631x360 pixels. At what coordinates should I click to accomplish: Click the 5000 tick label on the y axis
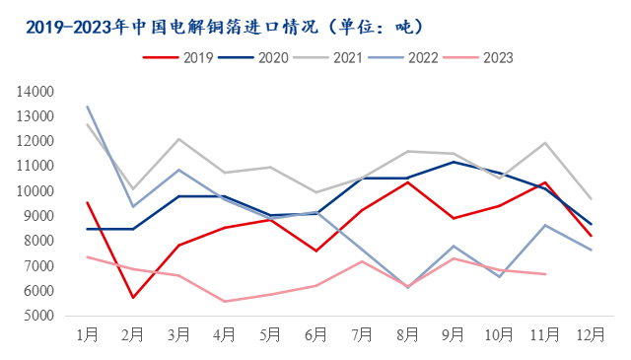tap(36, 317)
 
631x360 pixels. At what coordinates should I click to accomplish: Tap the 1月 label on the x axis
tap(88, 336)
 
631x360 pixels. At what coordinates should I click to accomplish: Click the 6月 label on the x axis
tap(315, 336)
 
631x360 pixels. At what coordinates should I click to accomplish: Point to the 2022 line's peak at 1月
tap(88, 107)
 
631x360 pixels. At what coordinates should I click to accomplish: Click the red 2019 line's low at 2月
tap(133, 297)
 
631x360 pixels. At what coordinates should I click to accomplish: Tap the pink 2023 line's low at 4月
tap(224, 301)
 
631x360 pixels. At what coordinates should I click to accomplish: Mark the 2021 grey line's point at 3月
tap(178, 139)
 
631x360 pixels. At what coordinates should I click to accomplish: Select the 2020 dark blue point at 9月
tap(453, 162)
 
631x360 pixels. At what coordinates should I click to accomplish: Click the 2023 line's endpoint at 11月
tap(543, 274)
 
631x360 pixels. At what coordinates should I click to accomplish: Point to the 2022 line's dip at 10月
tap(498, 277)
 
